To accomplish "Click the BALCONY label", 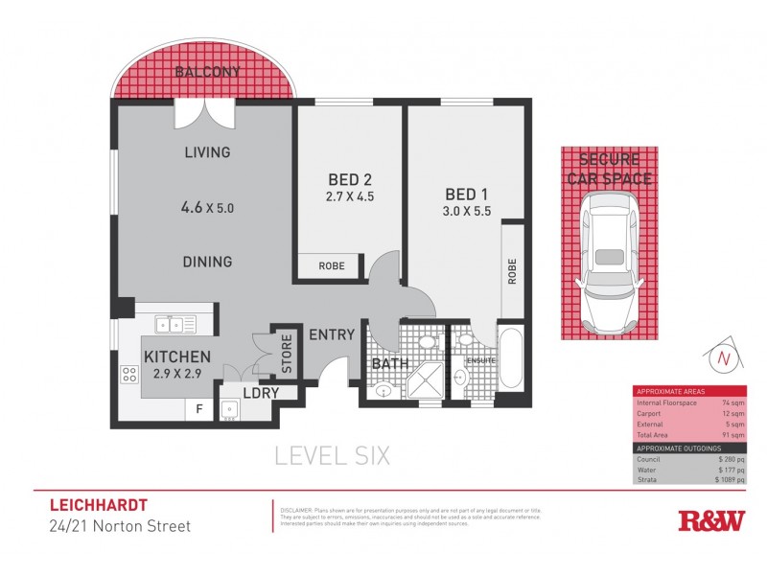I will tap(208, 72).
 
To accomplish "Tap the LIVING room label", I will tap(207, 152).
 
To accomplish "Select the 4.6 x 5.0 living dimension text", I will tap(207, 206).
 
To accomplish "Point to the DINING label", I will tap(207, 261).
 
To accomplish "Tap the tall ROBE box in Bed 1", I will tap(513, 270).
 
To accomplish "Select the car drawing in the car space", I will tap(609, 257).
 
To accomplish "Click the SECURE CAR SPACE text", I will tap(609, 170).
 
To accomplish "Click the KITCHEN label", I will tap(177, 356).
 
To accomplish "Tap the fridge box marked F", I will tap(198, 408).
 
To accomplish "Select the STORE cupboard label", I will tap(286, 353).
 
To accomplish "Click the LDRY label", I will tap(260, 393).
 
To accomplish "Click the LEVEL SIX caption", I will tap(333, 456).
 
